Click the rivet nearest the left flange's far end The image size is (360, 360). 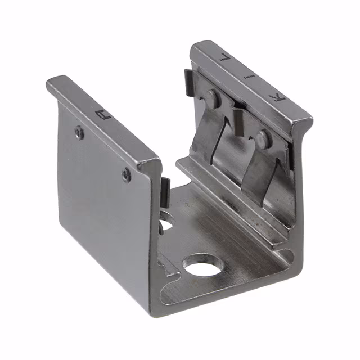click(80, 132)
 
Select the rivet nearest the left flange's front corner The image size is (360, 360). click(127, 174)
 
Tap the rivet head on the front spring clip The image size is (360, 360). click(260, 137)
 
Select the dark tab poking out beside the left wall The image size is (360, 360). click(165, 191)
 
